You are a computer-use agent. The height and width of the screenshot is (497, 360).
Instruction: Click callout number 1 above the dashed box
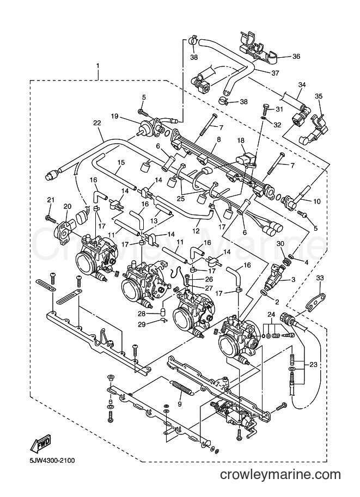[97, 66]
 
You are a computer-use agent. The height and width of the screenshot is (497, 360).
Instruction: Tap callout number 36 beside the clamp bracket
[296, 57]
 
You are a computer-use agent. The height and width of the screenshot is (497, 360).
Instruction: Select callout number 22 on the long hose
[97, 123]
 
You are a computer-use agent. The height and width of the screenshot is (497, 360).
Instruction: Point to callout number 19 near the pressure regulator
[114, 116]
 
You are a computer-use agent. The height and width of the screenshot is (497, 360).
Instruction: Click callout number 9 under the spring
[180, 404]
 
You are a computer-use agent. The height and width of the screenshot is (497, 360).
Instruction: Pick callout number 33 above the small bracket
[320, 278]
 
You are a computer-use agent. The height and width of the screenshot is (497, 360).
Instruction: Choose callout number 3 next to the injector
[293, 280]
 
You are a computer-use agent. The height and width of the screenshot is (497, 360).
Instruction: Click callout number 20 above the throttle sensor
[67, 206]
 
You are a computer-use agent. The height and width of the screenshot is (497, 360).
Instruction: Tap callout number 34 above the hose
[302, 84]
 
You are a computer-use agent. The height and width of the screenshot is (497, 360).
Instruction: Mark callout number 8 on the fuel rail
[218, 139]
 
